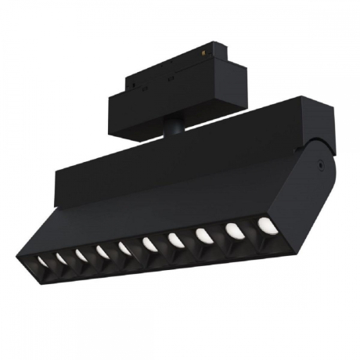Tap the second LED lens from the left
click(x=60, y=256)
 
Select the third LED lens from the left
click(x=81, y=254)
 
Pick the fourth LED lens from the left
click(x=103, y=251)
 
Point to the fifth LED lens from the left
click(x=124, y=249)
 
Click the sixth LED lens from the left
click(x=149, y=246)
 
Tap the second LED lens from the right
click(x=233, y=232)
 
